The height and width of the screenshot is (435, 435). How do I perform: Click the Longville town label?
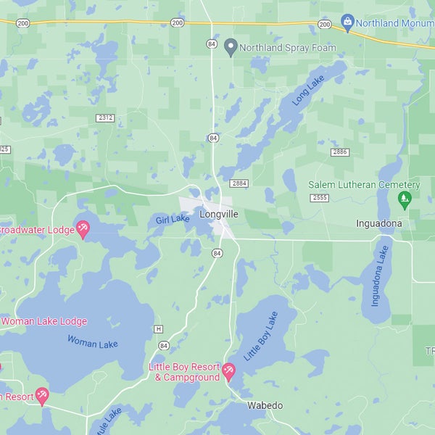[218, 215]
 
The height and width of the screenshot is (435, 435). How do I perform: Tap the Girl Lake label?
[173, 219]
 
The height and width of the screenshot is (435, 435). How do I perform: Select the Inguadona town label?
[378, 223]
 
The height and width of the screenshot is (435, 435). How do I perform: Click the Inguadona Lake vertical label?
[380, 275]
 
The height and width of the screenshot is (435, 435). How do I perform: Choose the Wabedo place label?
[265, 405]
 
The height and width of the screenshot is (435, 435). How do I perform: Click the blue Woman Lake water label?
[93, 341]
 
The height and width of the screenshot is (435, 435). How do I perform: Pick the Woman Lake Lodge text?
[43, 321]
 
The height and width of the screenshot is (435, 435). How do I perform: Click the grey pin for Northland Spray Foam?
[231, 48]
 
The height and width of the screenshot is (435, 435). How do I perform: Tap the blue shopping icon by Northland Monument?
[347, 23]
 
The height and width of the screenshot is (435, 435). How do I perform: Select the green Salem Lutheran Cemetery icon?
[405, 199]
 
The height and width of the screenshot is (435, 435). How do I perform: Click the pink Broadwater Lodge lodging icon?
[83, 230]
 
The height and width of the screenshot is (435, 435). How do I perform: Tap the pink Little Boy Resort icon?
[229, 372]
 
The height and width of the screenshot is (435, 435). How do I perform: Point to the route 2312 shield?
[106, 117]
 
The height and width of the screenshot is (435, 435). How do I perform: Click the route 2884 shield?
[239, 183]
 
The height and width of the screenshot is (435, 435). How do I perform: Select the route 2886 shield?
[339, 152]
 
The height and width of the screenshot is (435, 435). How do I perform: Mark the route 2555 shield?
[319, 198]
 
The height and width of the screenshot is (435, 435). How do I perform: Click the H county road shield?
[158, 329]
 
